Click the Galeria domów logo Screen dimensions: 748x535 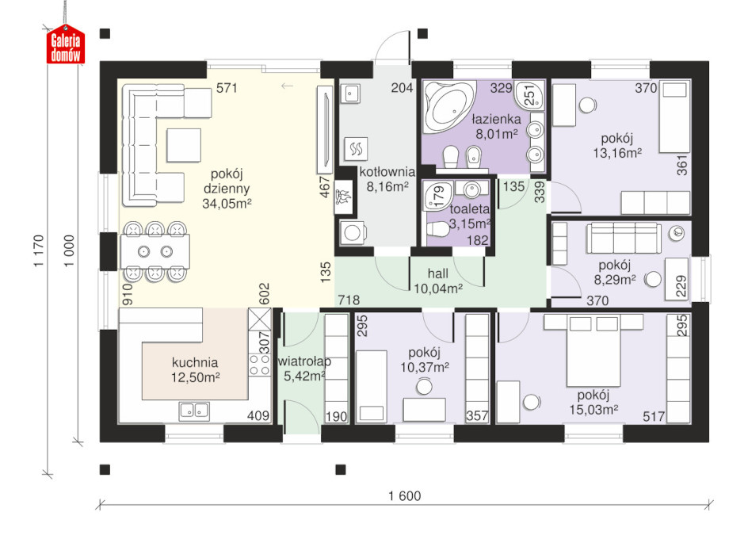(x=66, y=44)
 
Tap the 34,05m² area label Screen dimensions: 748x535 (x=227, y=204)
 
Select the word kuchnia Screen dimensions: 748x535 (x=195, y=362)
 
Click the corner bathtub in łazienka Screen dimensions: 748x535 (x=450, y=106)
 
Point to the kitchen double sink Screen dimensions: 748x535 (x=194, y=411)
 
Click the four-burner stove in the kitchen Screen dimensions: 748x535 (x=260, y=365)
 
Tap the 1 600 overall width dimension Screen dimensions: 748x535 (x=405, y=496)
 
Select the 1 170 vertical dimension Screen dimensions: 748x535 (x=39, y=250)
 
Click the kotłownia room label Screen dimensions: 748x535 (x=387, y=172)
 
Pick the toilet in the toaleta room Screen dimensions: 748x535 (x=437, y=230)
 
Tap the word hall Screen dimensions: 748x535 (x=438, y=273)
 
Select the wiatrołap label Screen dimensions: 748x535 (x=304, y=361)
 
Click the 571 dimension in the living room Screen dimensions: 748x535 (x=227, y=88)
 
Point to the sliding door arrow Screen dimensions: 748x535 (x=287, y=86)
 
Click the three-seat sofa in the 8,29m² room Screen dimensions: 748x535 (x=624, y=237)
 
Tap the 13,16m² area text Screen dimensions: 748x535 (x=616, y=153)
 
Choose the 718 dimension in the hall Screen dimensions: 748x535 (x=349, y=300)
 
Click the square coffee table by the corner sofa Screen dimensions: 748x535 (x=184, y=145)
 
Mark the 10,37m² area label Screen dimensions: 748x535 (x=424, y=368)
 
